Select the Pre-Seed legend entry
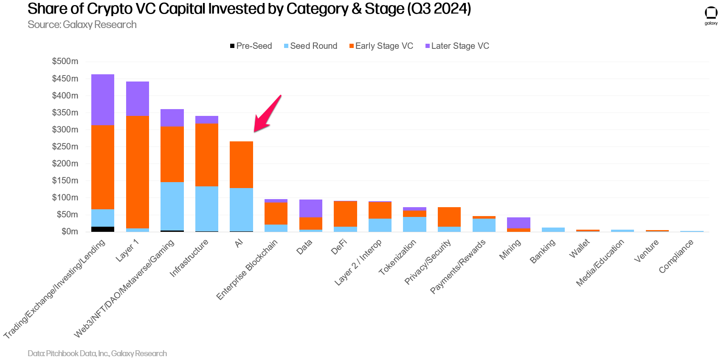pos(251,46)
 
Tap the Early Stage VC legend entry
pos(381,46)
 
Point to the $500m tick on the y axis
pos(65,61)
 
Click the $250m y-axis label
pos(65,146)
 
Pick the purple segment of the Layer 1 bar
pos(138,98)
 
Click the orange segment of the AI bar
pos(241,165)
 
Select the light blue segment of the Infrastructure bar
pos(207,208)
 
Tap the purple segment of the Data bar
pos(311,208)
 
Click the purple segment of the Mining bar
pos(518,223)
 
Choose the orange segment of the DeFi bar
pos(345,214)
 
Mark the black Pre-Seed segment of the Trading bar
pos(103,229)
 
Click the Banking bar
pos(553,230)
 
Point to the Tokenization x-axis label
pos(397,257)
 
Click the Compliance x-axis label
pos(676,256)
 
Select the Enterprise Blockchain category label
pos(247,269)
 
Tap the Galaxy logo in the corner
pos(711,15)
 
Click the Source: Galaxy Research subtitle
pos(82,25)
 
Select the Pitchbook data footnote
pos(97,353)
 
